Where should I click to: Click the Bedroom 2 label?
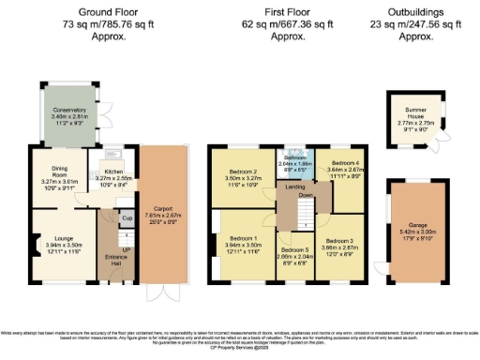244,172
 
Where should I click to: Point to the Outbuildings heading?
416,12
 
